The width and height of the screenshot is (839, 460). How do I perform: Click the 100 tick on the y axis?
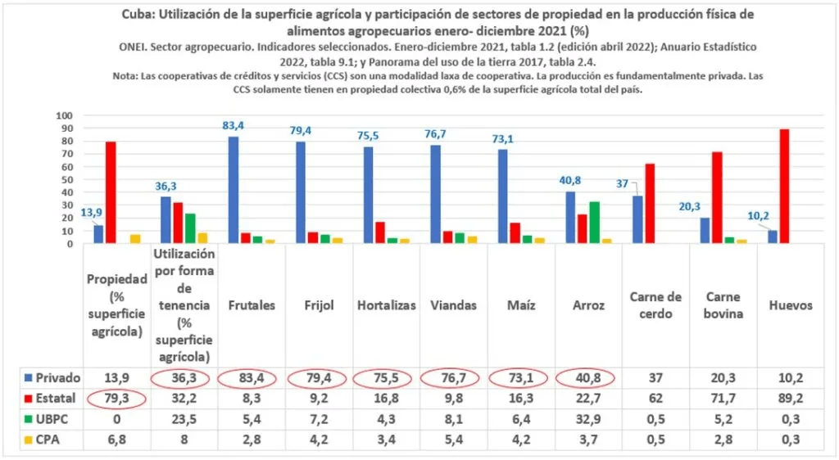[66, 115]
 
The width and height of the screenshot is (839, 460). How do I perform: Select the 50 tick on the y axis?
[68, 179]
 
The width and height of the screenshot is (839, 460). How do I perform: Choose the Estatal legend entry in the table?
[49, 399]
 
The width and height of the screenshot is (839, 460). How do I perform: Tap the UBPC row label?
[47, 420]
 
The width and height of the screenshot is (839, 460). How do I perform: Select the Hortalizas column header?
[386, 304]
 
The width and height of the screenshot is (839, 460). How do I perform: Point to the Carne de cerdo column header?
[655, 304]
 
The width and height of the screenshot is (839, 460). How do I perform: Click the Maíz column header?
[521, 304]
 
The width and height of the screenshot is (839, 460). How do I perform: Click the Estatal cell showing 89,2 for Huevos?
[790, 399]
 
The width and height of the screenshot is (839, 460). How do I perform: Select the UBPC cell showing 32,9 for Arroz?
[588, 420]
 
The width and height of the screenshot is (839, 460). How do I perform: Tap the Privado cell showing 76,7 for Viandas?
[453, 377]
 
